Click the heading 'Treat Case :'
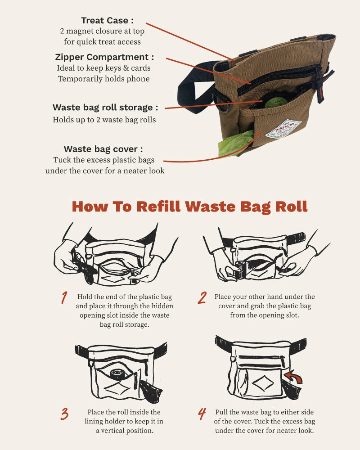107,20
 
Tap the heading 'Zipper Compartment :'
104,57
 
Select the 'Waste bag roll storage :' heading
105,108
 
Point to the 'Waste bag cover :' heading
103,149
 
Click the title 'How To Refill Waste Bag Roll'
189,207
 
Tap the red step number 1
64,297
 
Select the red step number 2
202,297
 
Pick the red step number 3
65,414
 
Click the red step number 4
202,414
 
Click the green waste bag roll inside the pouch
274,102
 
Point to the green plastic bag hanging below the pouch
235,144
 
